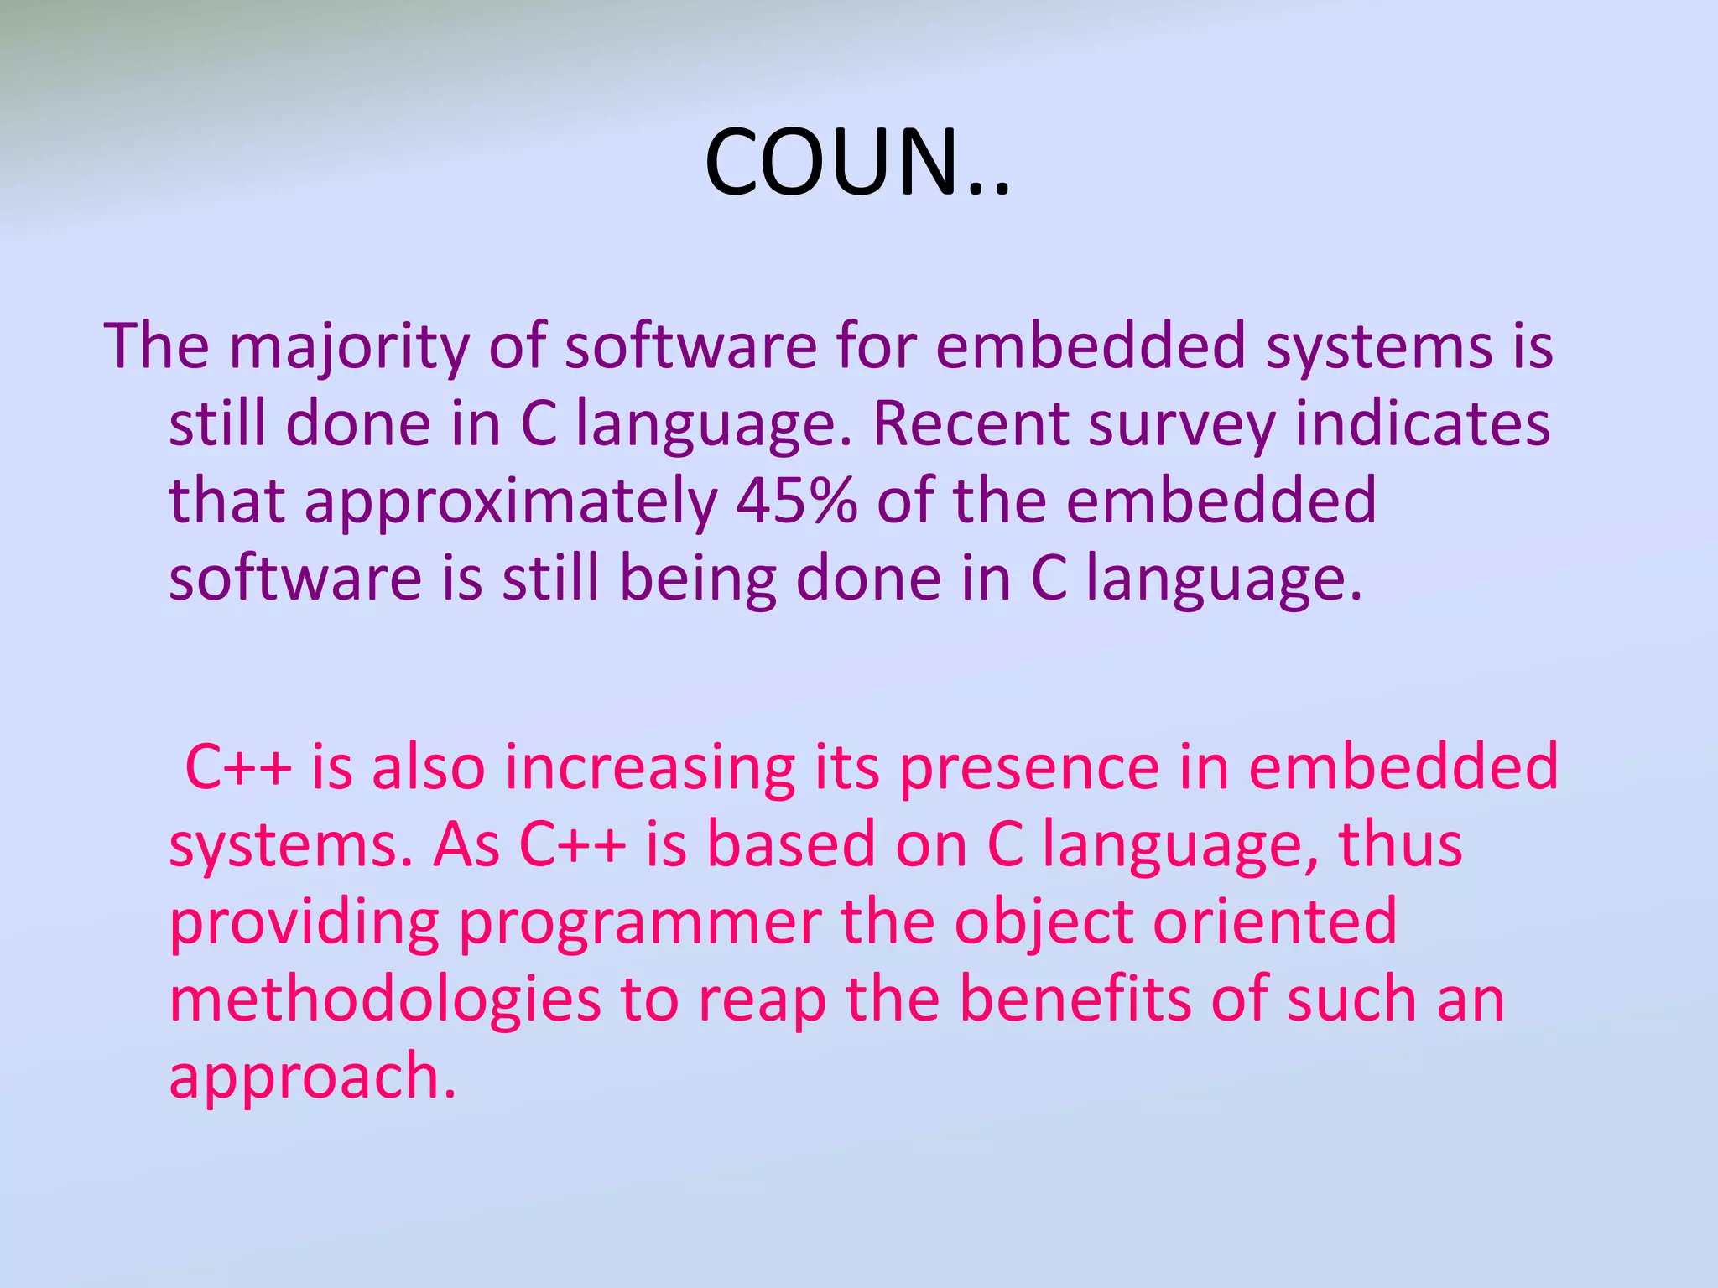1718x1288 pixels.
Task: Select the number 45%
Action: coord(796,501)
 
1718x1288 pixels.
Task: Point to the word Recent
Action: coord(970,423)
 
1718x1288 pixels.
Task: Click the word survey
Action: coord(1181,425)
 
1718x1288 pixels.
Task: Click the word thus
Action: coord(1400,844)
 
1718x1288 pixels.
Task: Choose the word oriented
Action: coord(1274,922)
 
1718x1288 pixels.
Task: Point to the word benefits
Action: coord(1075,999)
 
